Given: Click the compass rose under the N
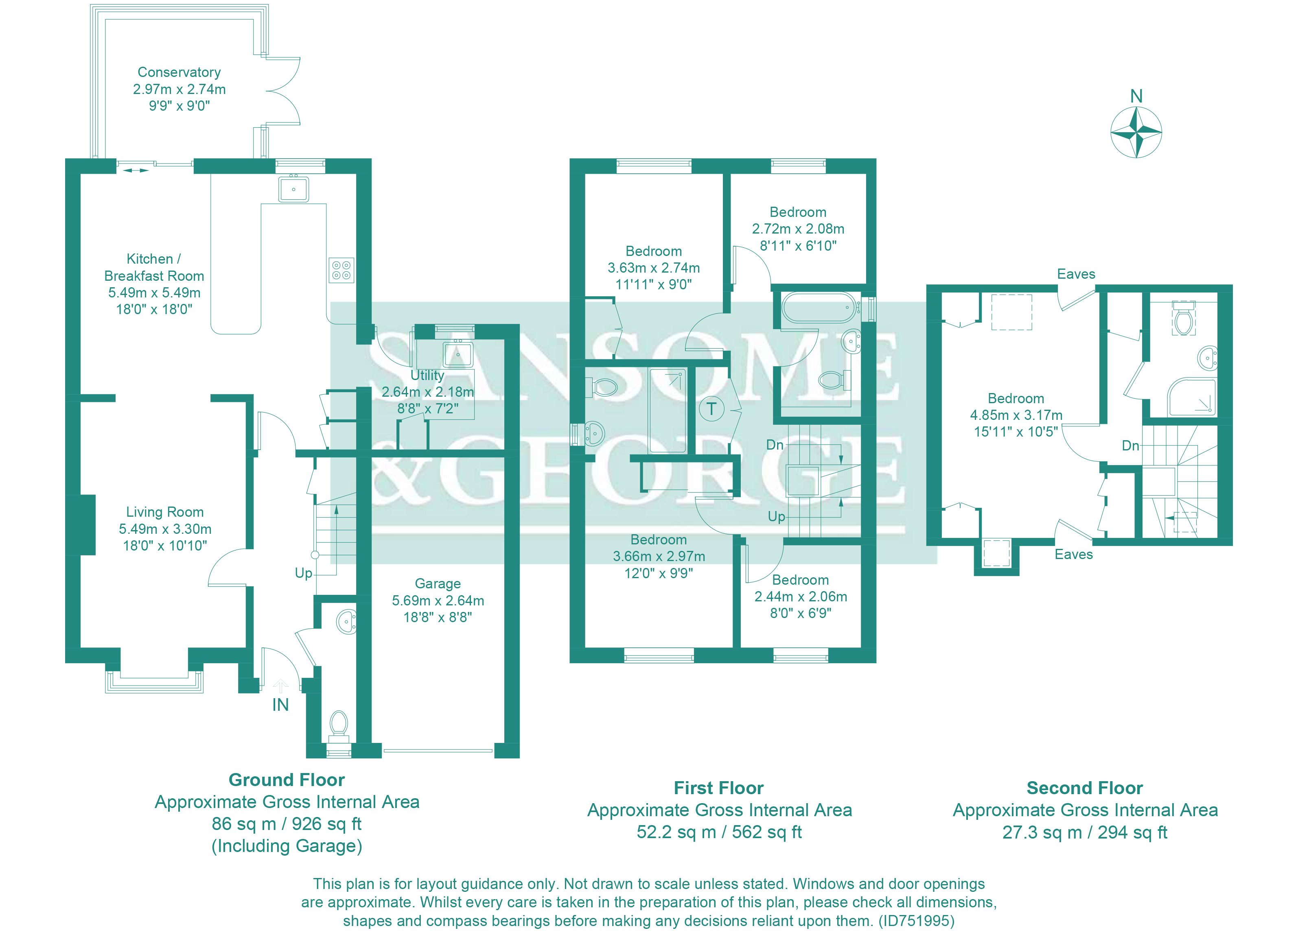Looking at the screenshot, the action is [1136, 133].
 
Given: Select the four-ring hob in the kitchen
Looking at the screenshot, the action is [341, 270].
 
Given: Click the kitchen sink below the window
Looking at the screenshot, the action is [293, 189].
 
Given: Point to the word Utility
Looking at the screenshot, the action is [427, 375].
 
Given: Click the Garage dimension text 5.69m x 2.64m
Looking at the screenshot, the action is [438, 601].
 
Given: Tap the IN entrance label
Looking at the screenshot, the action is [280, 705].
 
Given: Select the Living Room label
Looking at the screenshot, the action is [165, 512].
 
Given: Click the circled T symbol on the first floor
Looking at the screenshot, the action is [711, 409].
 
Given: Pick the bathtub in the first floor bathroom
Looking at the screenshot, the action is [819, 308].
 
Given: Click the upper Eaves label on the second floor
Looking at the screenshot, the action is [1076, 274].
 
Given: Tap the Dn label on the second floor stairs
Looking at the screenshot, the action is [1130, 446].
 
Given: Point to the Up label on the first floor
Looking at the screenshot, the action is [777, 517].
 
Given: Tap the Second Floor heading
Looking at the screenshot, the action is [1085, 788].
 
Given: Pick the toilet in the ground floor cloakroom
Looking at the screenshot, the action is [339, 724].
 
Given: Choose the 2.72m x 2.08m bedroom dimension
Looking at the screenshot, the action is [798, 229].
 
